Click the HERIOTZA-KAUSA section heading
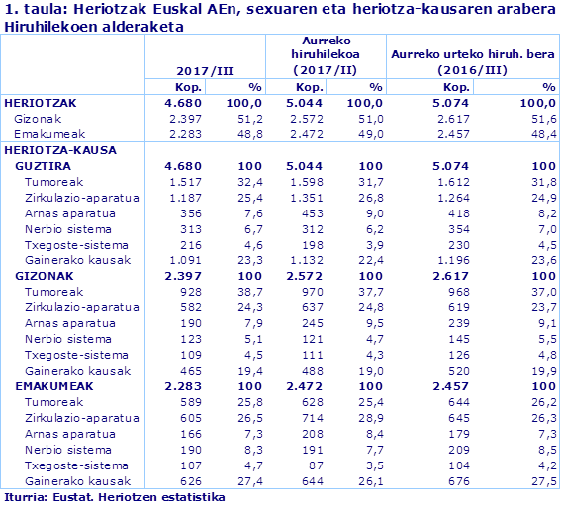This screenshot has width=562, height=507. click(61, 150)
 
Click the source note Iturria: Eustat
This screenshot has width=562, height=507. click(114, 497)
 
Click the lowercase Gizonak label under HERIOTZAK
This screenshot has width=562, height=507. click(38, 119)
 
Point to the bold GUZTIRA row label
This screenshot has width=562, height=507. click(44, 166)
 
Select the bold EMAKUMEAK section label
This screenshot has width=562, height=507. click(53, 386)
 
